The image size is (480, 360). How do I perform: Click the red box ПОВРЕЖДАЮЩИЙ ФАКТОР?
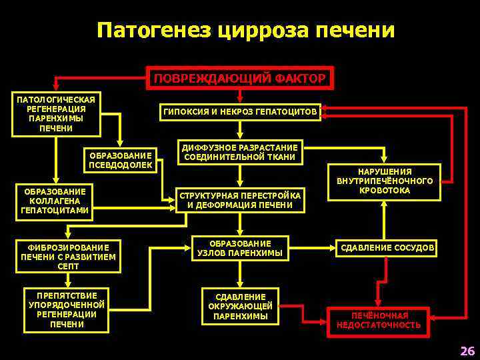click(x=240, y=79)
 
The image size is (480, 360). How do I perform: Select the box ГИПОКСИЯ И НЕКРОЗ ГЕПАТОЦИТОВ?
click(x=240, y=112)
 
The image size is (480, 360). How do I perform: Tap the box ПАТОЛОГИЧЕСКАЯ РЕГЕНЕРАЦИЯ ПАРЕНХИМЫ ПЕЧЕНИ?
click(x=56, y=114)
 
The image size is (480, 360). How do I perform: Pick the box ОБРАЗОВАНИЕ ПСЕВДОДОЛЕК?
click(x=121, y=159)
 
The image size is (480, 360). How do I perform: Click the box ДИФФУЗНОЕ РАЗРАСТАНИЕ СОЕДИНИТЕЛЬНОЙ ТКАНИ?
click(x=240, y=152)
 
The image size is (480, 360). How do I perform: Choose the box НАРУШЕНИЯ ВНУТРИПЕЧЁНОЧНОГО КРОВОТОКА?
click(x=385, y=181)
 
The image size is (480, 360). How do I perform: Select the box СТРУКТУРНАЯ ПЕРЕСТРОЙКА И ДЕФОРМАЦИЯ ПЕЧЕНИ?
click(x=240, y=199)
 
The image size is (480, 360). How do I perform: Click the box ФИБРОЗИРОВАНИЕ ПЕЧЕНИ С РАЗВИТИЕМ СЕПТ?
click(x=69, y=257)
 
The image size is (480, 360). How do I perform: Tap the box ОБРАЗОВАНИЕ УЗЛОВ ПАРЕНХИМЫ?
click(x=240, y=248)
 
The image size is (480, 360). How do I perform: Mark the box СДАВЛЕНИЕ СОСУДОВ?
click(x=387, y=249)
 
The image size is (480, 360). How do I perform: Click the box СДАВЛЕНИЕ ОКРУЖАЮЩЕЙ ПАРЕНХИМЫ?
click(x=240, y=307)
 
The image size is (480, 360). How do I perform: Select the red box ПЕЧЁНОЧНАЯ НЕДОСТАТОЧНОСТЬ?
click(x=378, y=320)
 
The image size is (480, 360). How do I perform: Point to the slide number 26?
click(x=467, y=351)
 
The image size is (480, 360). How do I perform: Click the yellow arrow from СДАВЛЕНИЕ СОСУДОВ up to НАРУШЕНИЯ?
click(x=385, y=220)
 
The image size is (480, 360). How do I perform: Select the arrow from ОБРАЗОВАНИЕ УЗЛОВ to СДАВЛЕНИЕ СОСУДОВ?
click(x=312, y=249)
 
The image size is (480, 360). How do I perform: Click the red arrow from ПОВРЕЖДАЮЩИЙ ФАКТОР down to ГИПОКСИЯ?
click(x=240, y=96)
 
